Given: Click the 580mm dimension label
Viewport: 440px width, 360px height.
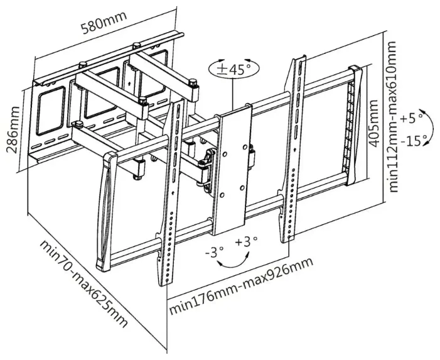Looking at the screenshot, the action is [104, 21].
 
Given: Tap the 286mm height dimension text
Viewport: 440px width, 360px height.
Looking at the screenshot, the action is [13, 129].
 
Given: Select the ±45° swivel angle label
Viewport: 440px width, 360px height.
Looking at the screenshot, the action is [234, 69].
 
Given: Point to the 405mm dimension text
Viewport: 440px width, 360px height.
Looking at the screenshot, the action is [373, 123].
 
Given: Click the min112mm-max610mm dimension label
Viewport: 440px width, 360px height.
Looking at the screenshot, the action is [392, 117].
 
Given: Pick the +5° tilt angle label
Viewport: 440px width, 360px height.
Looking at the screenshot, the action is [410, 118].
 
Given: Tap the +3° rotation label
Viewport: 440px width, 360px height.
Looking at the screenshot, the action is [246, 241].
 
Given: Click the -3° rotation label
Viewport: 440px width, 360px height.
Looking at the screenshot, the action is [215, 252].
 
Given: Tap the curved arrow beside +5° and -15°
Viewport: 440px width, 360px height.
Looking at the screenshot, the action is [429, 127].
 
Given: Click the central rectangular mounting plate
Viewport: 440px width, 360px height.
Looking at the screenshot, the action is [233, 168].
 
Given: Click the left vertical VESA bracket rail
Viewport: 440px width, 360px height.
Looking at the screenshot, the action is [170, 194].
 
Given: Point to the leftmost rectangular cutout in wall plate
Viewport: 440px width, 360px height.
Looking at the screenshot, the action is [50, 111].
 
